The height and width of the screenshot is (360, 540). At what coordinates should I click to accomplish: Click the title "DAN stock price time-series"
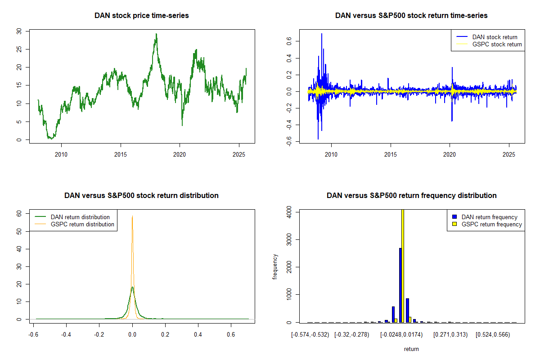point(141,15)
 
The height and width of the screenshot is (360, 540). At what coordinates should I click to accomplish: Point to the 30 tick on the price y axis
point(19,31)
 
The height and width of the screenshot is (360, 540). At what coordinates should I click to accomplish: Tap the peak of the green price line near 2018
point(156,34)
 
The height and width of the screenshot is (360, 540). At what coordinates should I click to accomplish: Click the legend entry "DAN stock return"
point(495,37)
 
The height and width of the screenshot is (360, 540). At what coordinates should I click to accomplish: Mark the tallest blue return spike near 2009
point(322,34)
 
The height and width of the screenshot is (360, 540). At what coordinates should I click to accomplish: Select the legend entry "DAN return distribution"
point(80,217)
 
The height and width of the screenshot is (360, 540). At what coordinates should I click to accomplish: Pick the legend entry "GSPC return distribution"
point(82,224)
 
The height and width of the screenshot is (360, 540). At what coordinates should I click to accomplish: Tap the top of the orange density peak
point(132,216)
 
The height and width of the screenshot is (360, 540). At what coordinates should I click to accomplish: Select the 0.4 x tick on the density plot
point(198,335)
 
